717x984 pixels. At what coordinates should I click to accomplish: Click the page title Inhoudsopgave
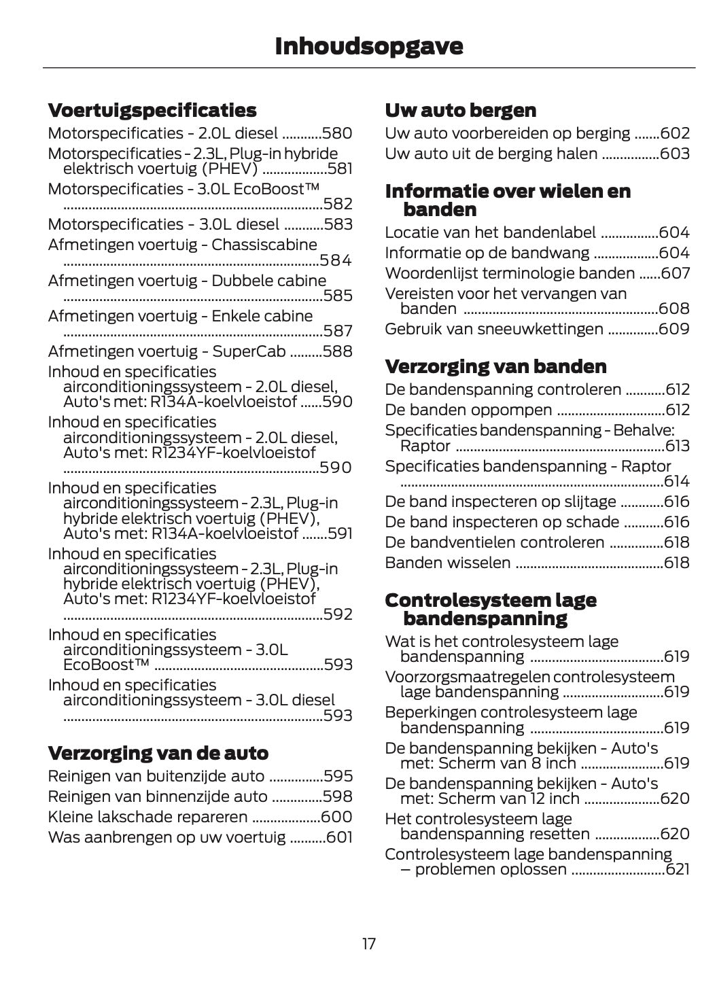(368, 46)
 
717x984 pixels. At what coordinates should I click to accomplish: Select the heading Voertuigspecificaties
(152, 110)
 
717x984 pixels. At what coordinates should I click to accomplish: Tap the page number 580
(337, 133)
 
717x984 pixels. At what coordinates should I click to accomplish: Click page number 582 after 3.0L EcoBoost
(338, 204)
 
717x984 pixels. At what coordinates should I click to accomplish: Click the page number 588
(337, 351)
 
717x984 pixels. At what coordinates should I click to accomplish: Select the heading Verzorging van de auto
(158, 753)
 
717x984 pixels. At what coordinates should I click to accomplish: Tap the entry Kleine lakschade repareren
(147, 817)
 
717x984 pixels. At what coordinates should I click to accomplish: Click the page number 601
(339, 837)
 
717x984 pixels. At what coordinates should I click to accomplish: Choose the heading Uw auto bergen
(460, 110)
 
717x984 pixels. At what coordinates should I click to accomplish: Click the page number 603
(675, 154)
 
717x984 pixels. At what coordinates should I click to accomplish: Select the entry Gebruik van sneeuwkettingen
(493, 329)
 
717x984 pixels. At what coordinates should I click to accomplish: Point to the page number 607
(675, 273)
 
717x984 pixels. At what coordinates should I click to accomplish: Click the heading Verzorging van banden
(495, 366)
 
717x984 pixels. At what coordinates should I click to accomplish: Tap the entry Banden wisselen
(447, 563)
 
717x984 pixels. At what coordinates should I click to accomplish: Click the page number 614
(676, 482)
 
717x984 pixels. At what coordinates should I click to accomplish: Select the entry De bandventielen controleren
(494, 542)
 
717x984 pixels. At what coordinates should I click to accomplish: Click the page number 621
(678, 870)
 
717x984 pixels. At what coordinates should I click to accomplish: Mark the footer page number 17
(368, 944)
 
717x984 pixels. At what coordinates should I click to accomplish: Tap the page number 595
(338, 776)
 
